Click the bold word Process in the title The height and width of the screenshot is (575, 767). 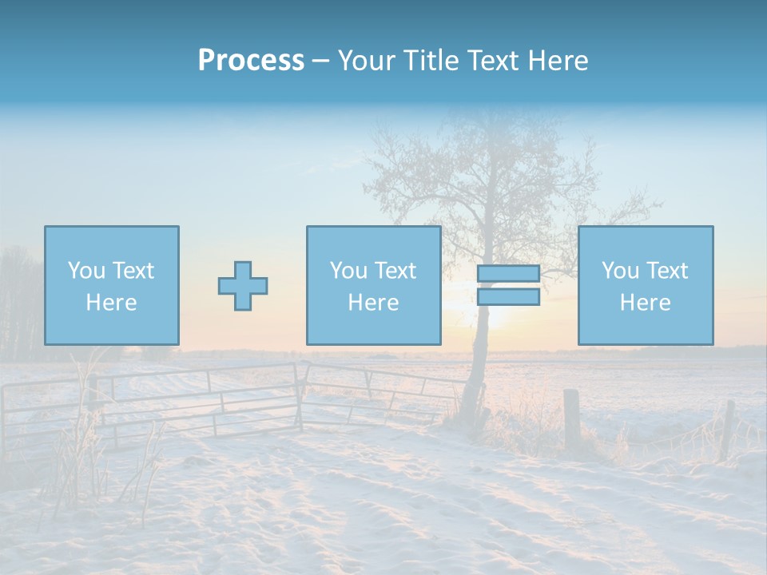coord(251,61)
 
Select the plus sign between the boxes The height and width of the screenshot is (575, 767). coord(243,286)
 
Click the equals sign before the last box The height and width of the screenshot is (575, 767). coord(508,285)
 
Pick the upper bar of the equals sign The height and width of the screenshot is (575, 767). coord(508,274)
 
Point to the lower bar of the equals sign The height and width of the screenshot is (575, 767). coord(508,297)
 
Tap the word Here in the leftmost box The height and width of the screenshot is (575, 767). coord(111,303)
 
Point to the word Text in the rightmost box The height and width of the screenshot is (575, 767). coord(668,271)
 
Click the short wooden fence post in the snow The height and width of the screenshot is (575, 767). coord(572,418)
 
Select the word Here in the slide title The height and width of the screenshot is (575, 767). coord(558,61)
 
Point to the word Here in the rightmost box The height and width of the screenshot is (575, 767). coord(645,303)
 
